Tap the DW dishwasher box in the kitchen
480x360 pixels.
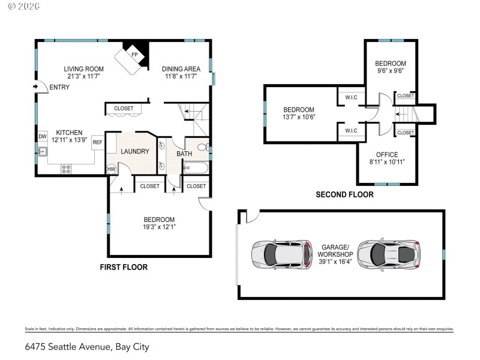point(42,137)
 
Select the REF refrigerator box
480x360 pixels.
point(97,142)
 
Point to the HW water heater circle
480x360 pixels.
point(111,169)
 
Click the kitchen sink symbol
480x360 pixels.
point(43,152)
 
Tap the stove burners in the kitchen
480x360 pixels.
point(67,170)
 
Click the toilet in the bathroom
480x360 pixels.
point(202,146)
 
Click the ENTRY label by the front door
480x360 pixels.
point(59,88)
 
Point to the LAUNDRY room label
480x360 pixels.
point(134,152)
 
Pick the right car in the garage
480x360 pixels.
point(388,254)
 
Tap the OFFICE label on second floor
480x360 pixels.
point(387,155)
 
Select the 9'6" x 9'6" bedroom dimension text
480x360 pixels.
point(391,70)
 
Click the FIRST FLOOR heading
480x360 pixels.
point(124,267)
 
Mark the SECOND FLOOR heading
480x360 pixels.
point(344,194)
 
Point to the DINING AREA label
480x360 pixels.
point(183,69)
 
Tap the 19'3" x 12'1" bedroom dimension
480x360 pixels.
point(158,227)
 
